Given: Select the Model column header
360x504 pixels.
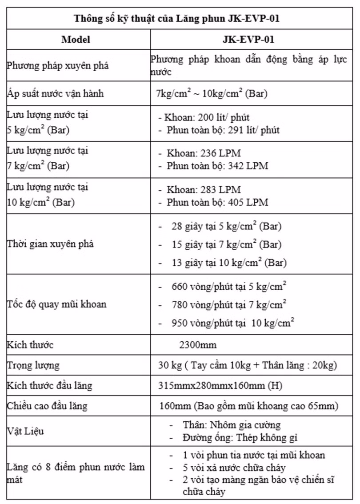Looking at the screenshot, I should pyautogui.click(x=76, y=40).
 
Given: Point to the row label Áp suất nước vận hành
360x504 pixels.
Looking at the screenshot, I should pyautogui.click(x=55, y=94).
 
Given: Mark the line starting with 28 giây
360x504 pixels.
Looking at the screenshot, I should pyautogui.click(x=226, y=226).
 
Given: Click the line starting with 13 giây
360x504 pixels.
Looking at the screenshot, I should pyautogui.click(x=228, y=262).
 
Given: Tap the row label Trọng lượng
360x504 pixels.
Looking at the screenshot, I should pyautogui.click(x=33, y=365).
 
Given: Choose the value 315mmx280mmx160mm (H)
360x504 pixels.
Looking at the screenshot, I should pyautogui.click(x=220, y=385).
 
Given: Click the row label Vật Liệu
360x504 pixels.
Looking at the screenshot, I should pyautogui.click(x=25, y=431).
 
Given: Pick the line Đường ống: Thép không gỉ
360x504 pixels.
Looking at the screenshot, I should pyautogui.click(x=240, y=437).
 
